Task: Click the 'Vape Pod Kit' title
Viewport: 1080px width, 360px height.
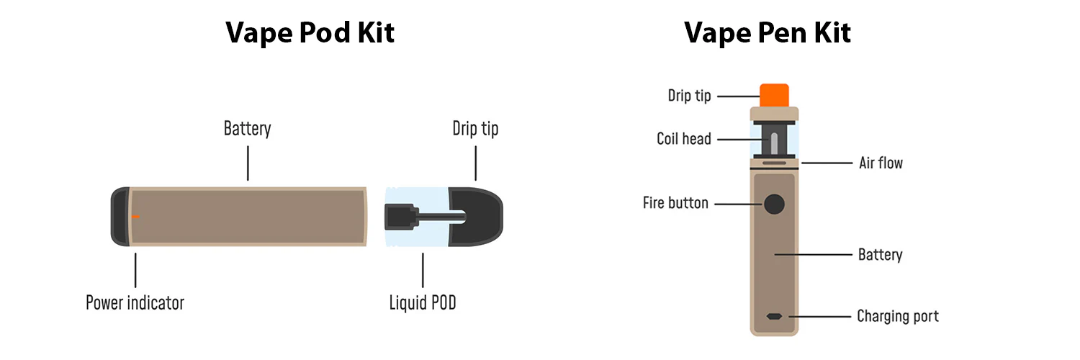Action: point(310,33)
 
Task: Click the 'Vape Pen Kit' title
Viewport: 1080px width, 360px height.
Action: point(768,33)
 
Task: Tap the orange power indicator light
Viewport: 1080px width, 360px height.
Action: point(135,217)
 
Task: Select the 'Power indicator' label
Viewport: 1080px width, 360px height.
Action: point(135,302)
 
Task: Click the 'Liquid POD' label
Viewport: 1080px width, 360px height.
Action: point(423,302)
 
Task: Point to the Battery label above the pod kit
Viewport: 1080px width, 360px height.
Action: point(248,129)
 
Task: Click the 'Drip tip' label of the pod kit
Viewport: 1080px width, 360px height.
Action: point(475,129)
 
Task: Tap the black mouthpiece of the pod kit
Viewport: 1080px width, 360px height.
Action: point(477,217)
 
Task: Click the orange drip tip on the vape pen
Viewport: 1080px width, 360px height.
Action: point(774,96)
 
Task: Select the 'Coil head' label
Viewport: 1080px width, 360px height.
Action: point(684,139)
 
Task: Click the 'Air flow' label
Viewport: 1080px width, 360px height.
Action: point(881,163)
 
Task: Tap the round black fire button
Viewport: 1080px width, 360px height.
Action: point(774,204)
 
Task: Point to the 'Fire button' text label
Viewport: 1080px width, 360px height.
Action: point(675,203)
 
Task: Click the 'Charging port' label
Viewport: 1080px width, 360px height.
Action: point(898,316)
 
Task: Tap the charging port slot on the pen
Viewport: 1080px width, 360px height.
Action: point(774,317)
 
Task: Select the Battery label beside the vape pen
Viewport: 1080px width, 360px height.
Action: point(881,254)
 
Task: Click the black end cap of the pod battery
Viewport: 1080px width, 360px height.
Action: point(120,217)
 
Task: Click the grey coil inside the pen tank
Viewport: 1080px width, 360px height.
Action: point(774,143)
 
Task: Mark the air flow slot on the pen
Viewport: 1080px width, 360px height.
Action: point(774,163)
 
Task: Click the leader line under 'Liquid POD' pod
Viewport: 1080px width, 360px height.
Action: point(423,271)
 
